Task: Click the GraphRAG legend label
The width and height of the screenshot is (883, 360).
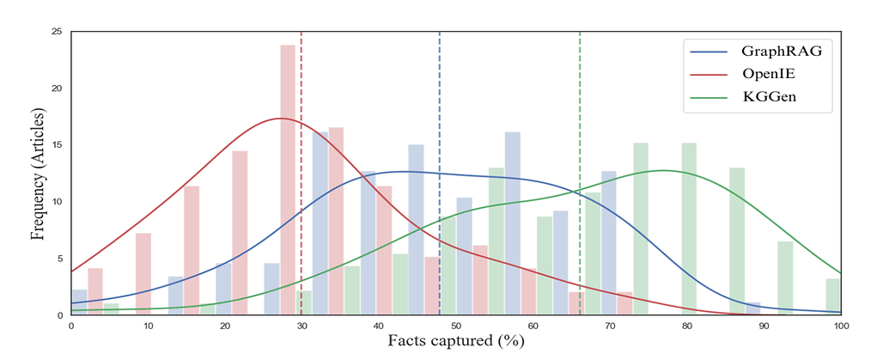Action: (781, 51)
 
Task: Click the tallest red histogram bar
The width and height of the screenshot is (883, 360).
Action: (288, 180)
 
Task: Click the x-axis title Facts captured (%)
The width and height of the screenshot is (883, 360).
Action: (456, 342)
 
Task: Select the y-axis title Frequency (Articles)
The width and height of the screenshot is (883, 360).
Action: (39, 173)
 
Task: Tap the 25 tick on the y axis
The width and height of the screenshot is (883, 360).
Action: (58, 32)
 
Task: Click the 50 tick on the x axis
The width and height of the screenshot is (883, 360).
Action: (456, 326)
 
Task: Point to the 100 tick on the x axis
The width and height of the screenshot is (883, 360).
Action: (841, 326)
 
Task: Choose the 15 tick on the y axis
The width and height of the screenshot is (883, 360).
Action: (58, 145)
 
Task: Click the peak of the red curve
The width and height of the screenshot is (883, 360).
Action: (281, 119)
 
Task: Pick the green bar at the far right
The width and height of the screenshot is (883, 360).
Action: (833, 297)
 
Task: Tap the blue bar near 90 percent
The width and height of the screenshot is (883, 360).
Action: (753, 309)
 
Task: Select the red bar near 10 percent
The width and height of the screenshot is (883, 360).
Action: (143, 274)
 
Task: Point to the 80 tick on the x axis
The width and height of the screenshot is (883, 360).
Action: (687, 326)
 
